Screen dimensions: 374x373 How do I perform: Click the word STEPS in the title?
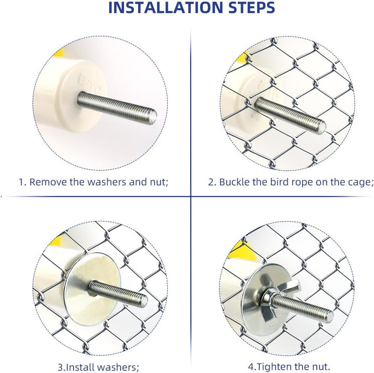[x=251, y=7]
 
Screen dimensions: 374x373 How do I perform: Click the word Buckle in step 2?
[x=234, y=182]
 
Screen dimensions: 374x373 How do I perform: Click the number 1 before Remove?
[x=21, y=182]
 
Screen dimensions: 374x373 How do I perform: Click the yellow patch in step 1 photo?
[x=59, y=52]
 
